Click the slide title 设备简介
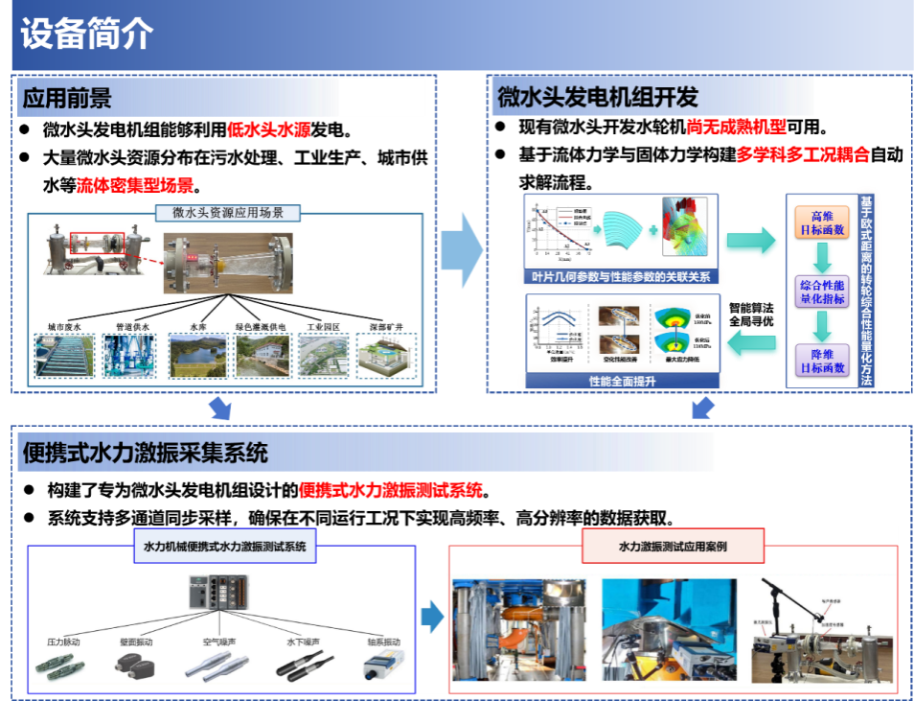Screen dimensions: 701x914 pos(86,34)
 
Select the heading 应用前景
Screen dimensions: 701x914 pos(67,98)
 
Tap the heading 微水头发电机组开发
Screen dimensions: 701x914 pos(597,98)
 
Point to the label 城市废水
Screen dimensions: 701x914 pos(66,326)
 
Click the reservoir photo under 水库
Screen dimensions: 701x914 pos(198,354)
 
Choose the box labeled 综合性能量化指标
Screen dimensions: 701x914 pos(821,292)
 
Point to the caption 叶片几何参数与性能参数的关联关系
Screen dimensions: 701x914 pos(622,277)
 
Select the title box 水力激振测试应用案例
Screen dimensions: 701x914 pos(673,547)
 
